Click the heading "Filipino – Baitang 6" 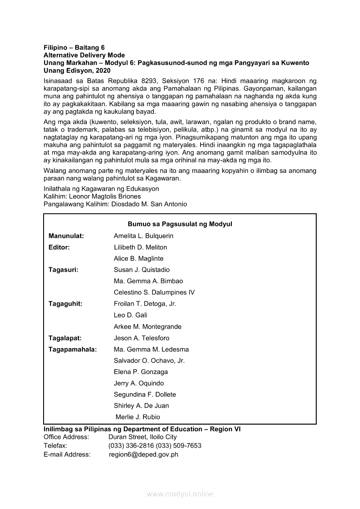click(x=74, y=47)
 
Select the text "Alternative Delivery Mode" click(x=84, y=55)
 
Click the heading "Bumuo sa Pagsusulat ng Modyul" click(x=180, y=224)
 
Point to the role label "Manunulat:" click(x=66, y=236)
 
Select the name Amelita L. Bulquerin click(x=143, y=236)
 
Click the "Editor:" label click(x=59, y=247)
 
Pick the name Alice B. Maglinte click(x=139, y=259)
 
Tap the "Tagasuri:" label click(x=64, y=270)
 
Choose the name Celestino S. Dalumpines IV click(x=154, y=293)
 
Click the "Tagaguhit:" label click(x=65, y=304)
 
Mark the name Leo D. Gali click(x=130, y=315)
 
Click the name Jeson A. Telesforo click(x=142, y=338)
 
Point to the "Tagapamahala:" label click(x=73, y=349)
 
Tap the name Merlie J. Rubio click(x=138, y=417)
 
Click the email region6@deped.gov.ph click(x=143, y=455)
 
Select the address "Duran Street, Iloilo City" click(x=143, y=437)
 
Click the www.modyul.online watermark click(x=180, y=494)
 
